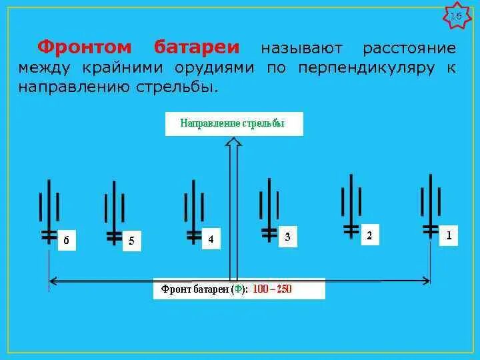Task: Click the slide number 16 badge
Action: click(456, 17)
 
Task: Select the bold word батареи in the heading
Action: click(197, 48)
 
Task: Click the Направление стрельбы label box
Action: click(233, 124)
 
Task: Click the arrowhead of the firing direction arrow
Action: click(233, 142)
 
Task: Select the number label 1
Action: click(449, 235)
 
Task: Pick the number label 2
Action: click(369, 236)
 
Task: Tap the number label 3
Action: click(287, 237)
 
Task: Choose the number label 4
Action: click(211, 239)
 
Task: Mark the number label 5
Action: click(131, 241)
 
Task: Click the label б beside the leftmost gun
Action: click(65, 241)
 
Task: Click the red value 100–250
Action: click(273, 289)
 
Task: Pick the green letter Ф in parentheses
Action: click(237, 289)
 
